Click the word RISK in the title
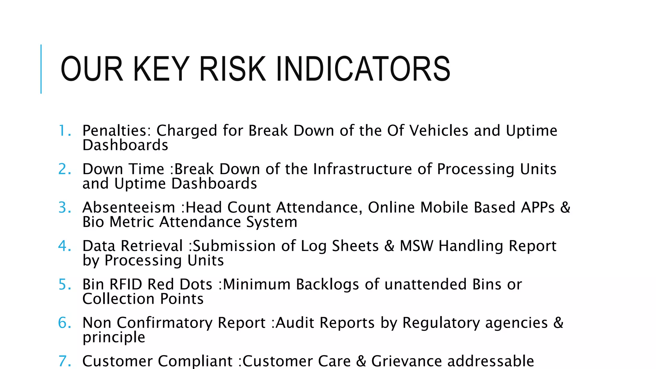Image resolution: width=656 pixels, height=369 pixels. (232, 69)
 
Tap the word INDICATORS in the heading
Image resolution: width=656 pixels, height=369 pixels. (363, 69)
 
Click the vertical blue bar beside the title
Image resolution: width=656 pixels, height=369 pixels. (41, 69)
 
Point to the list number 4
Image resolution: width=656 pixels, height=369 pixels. (64, 246)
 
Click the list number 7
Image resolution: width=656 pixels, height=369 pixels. (64, 361)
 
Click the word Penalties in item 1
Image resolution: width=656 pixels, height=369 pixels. (117, 131)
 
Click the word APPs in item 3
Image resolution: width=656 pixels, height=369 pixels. (538, 208)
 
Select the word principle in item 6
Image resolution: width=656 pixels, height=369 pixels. (114, 337)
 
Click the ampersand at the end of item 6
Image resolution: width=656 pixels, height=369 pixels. (558, 323)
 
